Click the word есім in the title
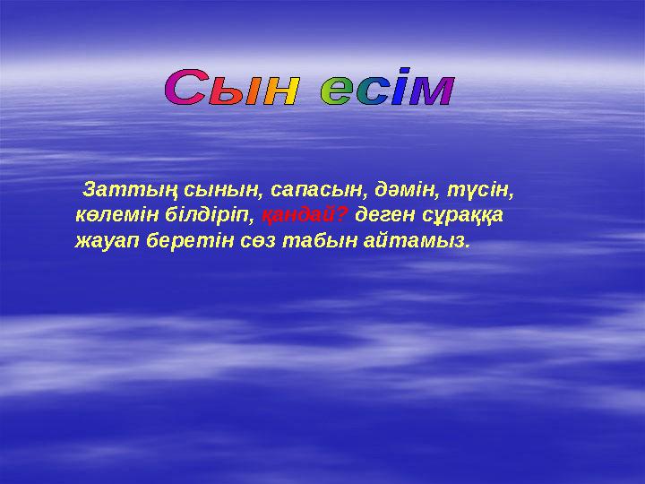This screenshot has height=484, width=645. pyautogui.click(x=388, y=91)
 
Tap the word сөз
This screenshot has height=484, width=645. pyautogui.click(x=254, y=241)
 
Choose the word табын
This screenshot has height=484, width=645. pyautogui.click(x=310, y=241)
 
